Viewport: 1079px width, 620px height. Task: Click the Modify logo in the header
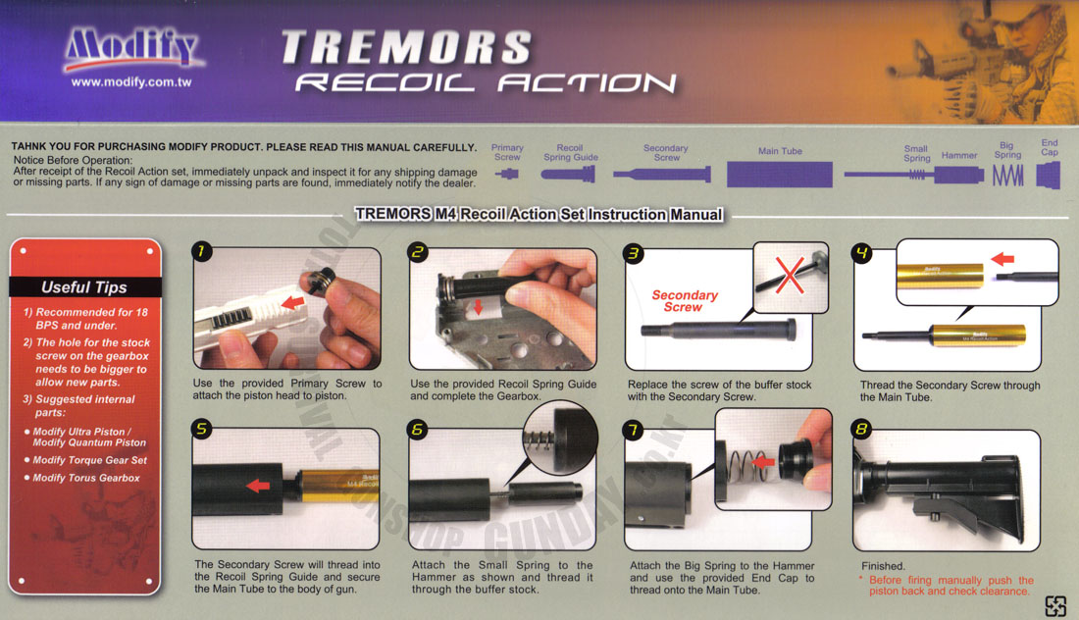coord(131,49)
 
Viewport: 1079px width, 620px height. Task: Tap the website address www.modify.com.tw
coord(131,81)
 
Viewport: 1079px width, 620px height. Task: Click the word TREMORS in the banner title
coord(406,47)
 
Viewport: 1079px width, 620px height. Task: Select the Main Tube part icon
coord(780,174)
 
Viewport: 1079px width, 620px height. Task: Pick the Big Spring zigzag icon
coord(1008,177)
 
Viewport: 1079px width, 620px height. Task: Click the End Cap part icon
coord(1049,176)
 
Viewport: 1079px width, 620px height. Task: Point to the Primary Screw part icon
coord(507,174)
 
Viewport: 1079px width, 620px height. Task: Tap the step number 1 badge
coord(202,251)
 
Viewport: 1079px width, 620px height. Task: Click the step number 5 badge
coord(202,430)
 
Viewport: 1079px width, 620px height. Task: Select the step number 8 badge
coord(861,430)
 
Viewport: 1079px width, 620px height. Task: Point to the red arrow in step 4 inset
coord(1002,259)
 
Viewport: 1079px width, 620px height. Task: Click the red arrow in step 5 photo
coord(258,486)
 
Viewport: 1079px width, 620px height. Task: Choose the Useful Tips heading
coord(84,287)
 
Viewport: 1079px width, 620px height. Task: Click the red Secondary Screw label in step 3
coord(684,301)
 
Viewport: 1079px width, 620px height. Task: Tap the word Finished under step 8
coord(883,566)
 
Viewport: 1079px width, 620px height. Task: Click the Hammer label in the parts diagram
coord(959,156)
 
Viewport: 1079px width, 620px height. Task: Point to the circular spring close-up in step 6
coord(560,438)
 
